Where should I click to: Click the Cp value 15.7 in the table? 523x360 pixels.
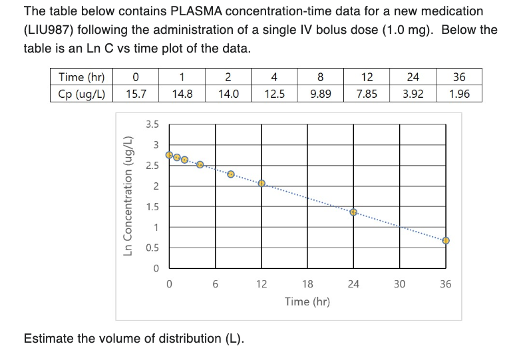137,94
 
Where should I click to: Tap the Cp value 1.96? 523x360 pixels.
458,94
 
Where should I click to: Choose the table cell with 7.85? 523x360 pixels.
366,94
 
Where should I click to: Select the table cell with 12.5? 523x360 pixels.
274,94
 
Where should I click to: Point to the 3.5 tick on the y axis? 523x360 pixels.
152,124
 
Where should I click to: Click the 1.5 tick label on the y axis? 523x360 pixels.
152,206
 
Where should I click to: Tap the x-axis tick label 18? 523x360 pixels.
307,284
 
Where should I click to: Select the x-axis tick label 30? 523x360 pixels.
399,284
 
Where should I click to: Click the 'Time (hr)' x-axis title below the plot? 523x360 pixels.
307,301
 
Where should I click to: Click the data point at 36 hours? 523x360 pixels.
446,240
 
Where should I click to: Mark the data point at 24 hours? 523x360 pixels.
354,213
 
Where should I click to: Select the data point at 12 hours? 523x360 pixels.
262,183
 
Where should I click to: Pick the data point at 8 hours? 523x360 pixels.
231,174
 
